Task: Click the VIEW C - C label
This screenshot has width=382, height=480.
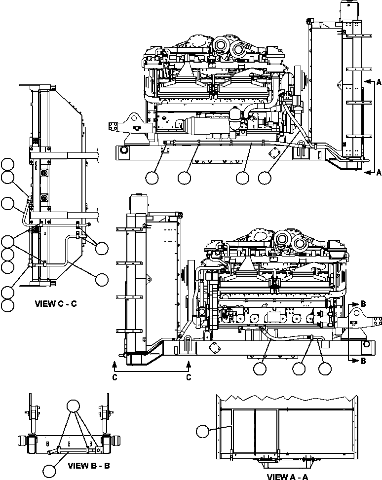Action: click(56, 304)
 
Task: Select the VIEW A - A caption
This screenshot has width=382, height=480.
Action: click(287, 476)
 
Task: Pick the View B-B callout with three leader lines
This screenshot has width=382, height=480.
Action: click(74, 406)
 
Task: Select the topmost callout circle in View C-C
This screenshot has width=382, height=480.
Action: click(7, 165)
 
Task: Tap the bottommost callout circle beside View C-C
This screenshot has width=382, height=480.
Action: click(7, 305)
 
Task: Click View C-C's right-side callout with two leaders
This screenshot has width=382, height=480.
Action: click(102, 248)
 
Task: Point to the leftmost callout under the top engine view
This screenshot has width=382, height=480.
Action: click(153, 177)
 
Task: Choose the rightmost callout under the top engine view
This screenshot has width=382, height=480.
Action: click(265, 177)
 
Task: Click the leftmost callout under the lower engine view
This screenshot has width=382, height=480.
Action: click(259, 368)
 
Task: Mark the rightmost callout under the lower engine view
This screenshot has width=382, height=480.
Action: click(324, 368)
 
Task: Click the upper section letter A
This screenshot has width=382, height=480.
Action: click(379, 80)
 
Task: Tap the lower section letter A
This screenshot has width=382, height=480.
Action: click(379, 172)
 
